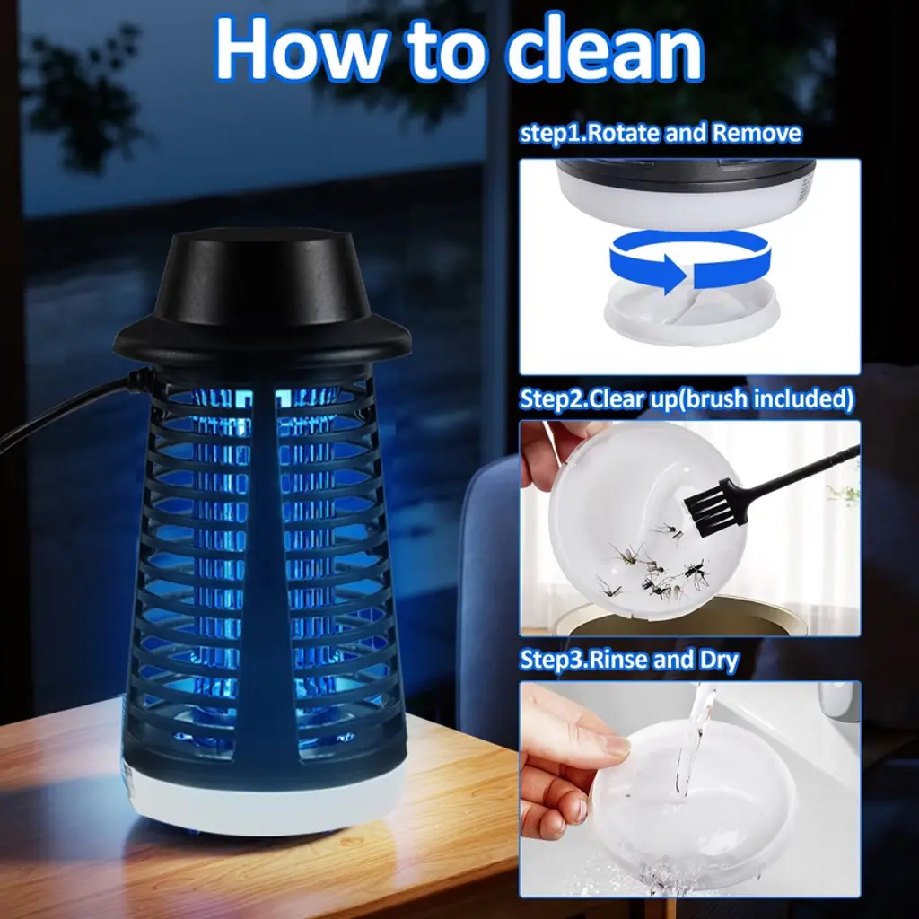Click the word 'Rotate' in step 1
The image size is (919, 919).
click(x=623, y=134)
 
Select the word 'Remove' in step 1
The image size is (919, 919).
click(x=757, y=134)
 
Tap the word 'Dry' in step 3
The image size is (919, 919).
click(x=719, y=661)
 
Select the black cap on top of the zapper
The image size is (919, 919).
click(x=262, y=293)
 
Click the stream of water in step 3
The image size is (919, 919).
click(x=692, y=744)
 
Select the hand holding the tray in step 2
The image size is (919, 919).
click(x=551, y=454)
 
